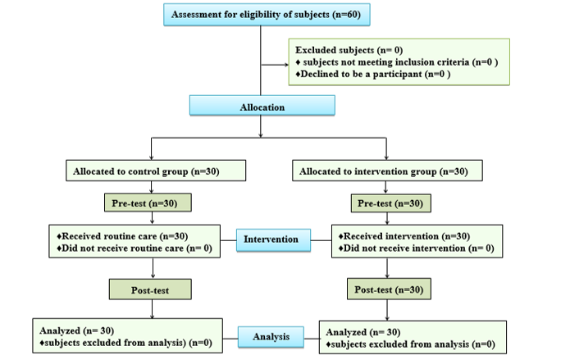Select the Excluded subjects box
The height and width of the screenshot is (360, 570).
[x=399, y=62]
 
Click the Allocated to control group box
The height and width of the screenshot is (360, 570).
[x=155, y=171]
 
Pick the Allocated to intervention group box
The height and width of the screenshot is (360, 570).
[x=386, y=171]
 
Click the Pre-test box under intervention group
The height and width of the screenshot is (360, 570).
[x=387, y=203]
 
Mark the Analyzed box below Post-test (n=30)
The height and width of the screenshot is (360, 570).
[x=409, y=335]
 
